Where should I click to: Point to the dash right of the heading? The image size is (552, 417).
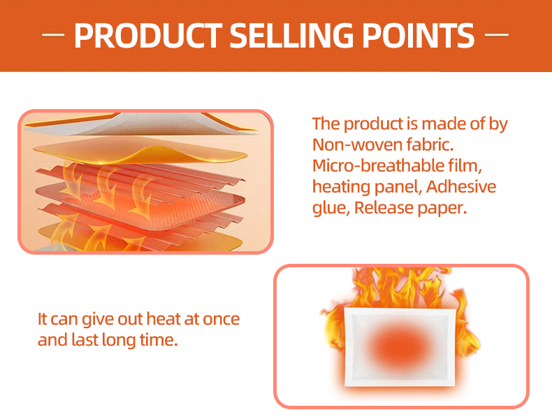point(496,35)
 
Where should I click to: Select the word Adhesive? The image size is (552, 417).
point(461,187)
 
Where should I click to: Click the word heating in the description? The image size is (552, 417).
point(340,188)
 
